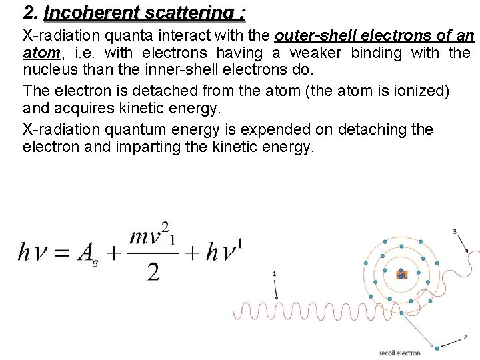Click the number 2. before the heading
(30, 13)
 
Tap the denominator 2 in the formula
(154, 271)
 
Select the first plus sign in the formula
(112, 253)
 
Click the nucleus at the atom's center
(401, 274)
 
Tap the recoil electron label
(400, 353)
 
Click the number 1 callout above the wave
(274, 274)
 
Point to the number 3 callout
(455, 231)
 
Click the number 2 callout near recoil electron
(465, 337)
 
